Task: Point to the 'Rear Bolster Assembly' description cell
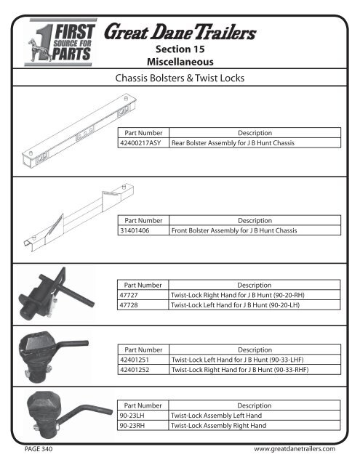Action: [232, 144]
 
